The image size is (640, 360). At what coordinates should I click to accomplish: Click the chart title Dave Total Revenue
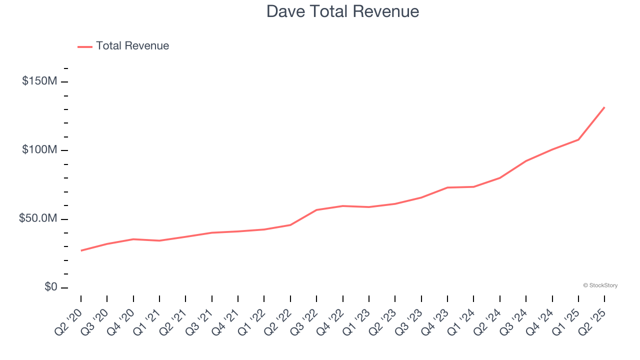tap(342, 11)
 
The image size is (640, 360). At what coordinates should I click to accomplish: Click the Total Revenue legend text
tap(132, 46)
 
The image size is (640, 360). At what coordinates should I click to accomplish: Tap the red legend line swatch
tap(85, 46)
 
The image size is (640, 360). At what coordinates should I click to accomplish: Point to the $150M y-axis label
tap(39, 81)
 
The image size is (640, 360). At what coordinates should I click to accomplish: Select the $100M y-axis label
tap(39, 150)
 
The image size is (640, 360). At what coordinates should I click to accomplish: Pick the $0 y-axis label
tap(51, 287)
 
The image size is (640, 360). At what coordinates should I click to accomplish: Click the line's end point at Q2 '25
tap(604, 107)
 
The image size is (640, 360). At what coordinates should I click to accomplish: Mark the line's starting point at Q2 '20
tap(81, 250)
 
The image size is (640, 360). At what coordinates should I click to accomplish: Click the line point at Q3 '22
tap(316, 210)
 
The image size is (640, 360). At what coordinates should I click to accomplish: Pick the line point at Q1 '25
tap(578, 139)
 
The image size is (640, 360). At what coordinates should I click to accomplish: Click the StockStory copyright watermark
tap(600, 285)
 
